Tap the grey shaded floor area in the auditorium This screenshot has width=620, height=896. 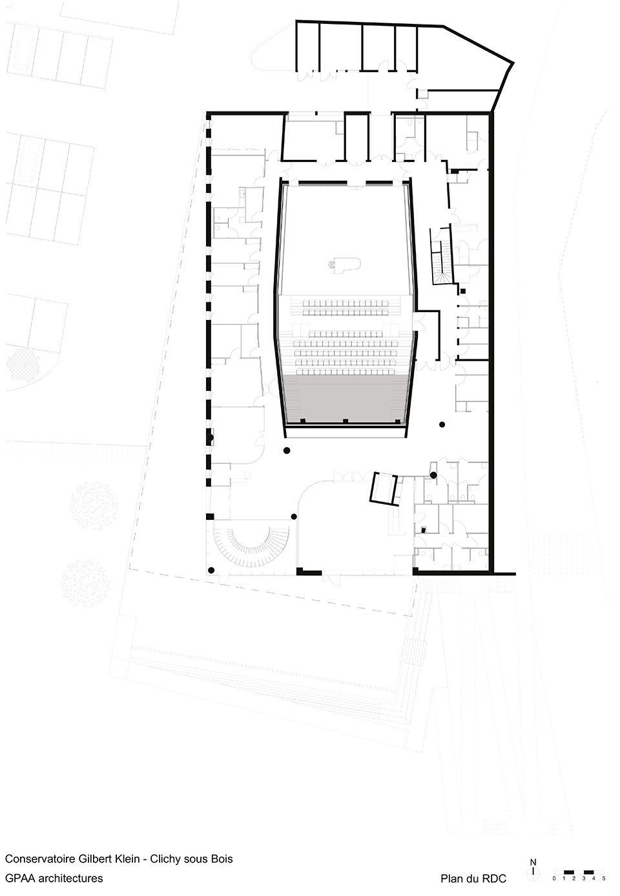(345, 398)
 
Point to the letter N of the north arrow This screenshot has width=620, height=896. (532, 862)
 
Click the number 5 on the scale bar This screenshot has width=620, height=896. (604, 879)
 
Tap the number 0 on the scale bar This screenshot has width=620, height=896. (554, 879)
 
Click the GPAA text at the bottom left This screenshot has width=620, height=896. (19, 878)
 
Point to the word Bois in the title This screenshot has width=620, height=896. (222, 859)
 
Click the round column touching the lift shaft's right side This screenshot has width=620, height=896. (434, 475)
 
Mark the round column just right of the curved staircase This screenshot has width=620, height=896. (294, 516)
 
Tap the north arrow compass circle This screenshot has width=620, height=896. (532, 876)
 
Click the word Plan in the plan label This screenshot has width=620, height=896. (451, 879)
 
